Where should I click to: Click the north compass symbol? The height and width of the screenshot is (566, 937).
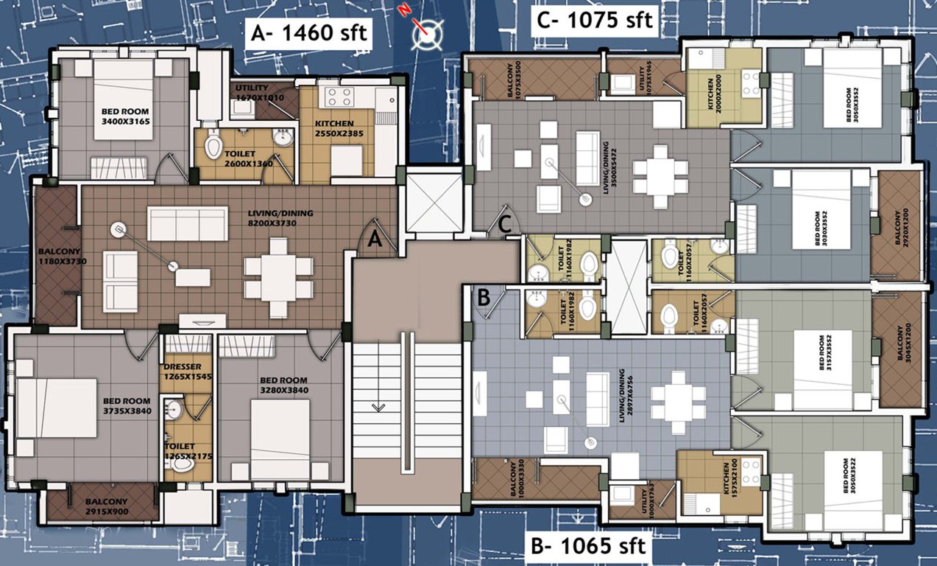(x=428, y=32)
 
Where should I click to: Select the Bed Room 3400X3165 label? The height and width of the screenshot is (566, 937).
(x=126, y=117)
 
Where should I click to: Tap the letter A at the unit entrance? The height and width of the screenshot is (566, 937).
(x=374, y=239)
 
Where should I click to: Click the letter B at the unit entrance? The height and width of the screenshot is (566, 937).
(x=484, y=298)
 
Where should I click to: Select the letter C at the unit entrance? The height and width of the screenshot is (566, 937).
(x=506, y=226)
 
